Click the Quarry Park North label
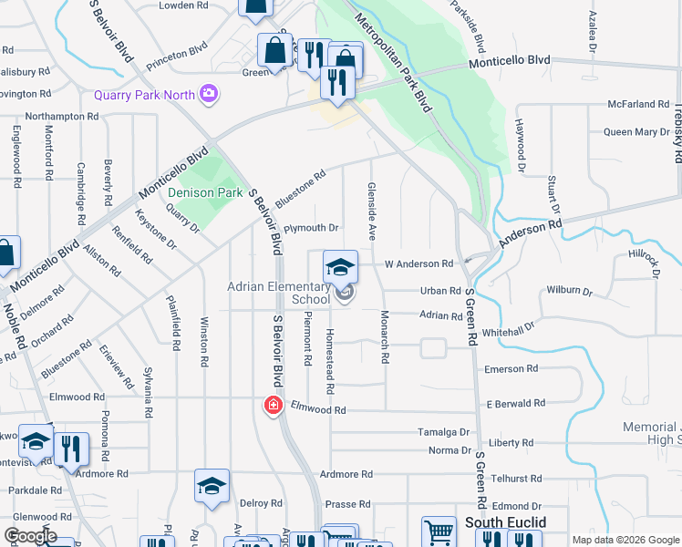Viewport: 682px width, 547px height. click(145, 94)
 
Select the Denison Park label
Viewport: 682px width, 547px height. click(204, 192)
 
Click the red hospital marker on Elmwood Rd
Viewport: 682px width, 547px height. click(272, 405)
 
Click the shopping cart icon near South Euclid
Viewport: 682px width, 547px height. click(439, 532)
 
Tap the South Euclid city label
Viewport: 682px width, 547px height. click(505, 522)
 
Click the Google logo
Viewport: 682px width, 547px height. click(30, 536)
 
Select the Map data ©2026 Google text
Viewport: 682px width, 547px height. click(625, 540)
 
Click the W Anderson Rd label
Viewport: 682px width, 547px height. click(418, 263)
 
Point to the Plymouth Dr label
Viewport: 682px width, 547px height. click(311, 228)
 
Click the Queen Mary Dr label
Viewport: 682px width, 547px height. click(636, 132)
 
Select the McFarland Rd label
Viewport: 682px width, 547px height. click(638, 104)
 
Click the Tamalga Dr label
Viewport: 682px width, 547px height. click(442, 432)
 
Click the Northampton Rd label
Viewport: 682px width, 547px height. click(62, 117)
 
